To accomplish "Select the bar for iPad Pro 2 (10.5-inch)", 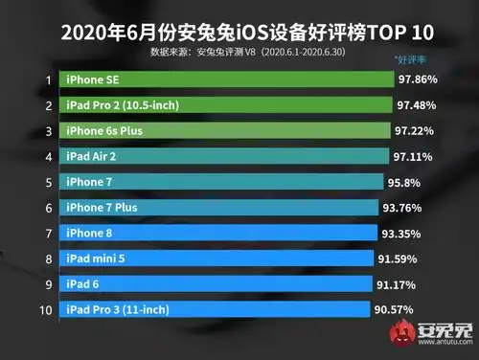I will click(x=226, y=104).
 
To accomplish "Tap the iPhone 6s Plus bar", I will click(x=226, y=129).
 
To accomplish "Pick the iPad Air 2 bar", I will click(x=224, y=155).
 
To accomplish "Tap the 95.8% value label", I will click(x=406, y=181).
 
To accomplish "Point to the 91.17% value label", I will click(x=397, y=283).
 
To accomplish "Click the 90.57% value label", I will click(x=395, y=308).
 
